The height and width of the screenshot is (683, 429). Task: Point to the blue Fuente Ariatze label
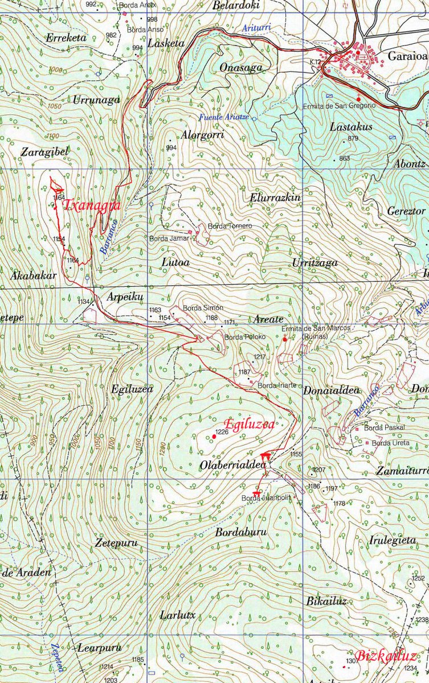coord(225,118)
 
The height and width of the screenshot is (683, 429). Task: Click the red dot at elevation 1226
coord(214,436)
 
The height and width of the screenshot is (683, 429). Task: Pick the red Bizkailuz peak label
coord(386,655)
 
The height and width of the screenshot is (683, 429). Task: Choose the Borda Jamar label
coord(168,238)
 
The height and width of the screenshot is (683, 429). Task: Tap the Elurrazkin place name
coord(275,198)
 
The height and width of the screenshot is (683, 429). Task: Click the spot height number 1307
coord(349,660)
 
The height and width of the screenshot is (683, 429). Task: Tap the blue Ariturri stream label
coord(255,28)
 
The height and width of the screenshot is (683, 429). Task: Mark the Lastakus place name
coord(351,126)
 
